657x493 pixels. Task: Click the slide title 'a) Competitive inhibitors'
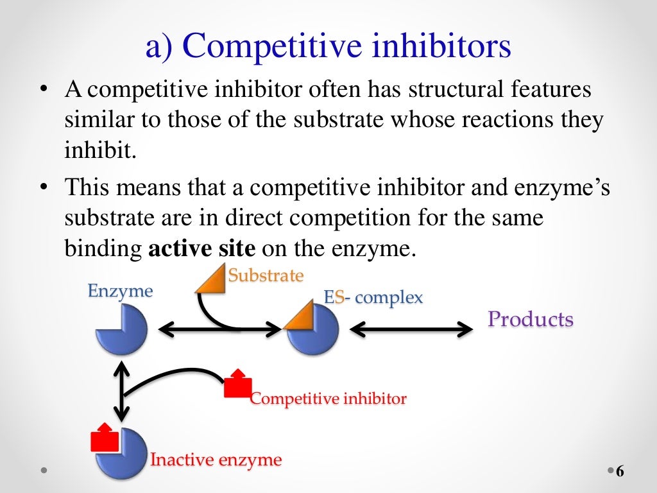tap(328, 48)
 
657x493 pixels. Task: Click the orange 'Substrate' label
tap(266, 276)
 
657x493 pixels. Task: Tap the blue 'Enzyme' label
tap(120, 291)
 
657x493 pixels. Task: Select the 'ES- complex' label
tap(373, 297)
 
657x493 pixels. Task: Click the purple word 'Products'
tap(531, 319)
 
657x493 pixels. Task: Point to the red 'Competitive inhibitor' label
tap(328, 399)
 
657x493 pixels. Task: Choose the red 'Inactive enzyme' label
tap(216, 460)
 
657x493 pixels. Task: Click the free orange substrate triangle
tap(210, 281)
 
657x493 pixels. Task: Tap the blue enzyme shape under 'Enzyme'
tap(123, 330)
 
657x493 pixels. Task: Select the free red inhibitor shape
tap(237, 385)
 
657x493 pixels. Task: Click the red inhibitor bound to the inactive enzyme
tap(104, 439)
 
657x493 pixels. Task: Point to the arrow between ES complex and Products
tap(411, 329)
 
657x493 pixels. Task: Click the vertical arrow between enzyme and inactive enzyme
tap(119, 391)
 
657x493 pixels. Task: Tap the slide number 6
tap(620, 472)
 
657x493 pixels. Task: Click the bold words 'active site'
tap(202, 248)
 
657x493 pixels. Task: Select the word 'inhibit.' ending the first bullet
tap(100, 151)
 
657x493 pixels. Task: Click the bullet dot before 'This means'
tap(44, 187)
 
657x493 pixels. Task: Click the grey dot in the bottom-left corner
tap(44, 471)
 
